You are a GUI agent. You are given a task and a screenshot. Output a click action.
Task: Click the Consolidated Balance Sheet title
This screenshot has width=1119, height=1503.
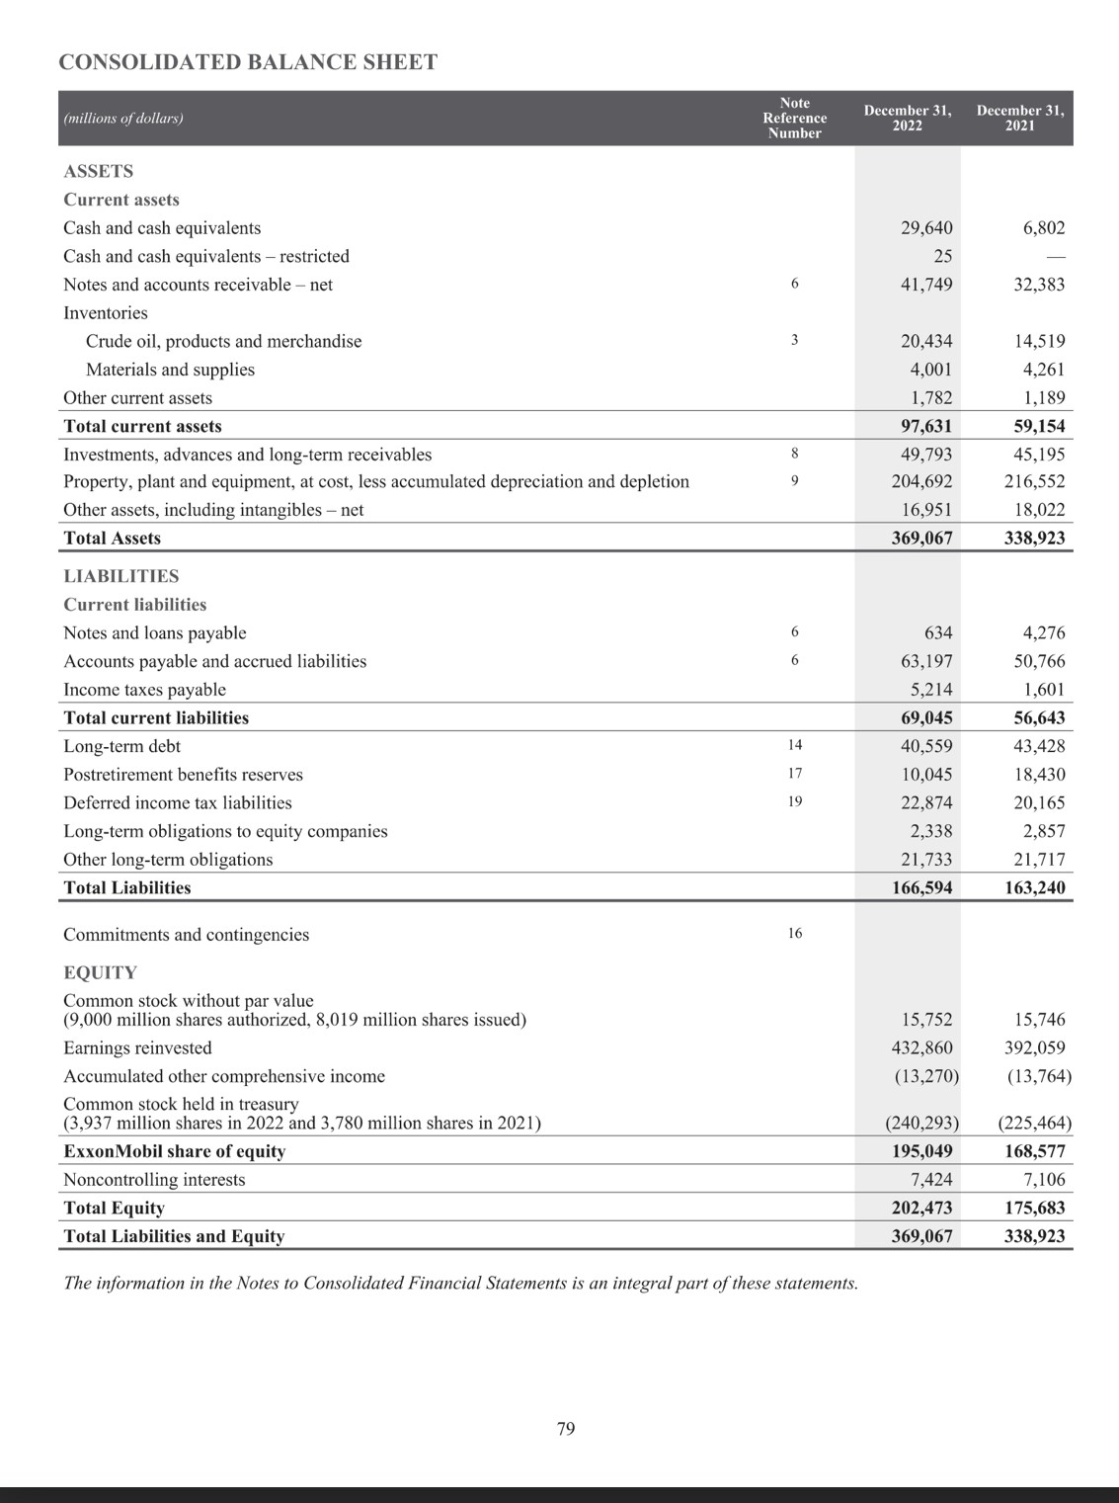(x=248, y=62)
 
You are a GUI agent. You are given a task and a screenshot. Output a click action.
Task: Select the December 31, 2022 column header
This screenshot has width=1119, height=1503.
(x=907, y=118)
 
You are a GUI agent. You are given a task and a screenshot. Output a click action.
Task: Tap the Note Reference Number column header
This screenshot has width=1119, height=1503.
(x=794, y=118)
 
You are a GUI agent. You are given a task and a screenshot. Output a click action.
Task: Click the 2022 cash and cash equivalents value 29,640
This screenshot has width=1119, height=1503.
(x=926, y=228)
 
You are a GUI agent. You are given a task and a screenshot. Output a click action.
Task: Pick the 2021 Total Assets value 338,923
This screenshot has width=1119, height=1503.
(x=1034, y=539)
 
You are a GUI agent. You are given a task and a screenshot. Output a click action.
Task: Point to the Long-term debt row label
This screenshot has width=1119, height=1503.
(x=121, y=746)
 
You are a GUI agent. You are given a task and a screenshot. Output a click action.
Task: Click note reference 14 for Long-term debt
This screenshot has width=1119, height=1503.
(x=794, y=745)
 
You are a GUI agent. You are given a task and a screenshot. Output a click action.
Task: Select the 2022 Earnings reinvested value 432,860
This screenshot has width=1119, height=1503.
(x=921, y=1047)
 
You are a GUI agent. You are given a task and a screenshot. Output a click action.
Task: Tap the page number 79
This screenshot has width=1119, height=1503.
(x=566, y=1428)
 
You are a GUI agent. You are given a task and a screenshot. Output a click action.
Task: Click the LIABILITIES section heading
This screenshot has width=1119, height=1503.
(x=121, y=576)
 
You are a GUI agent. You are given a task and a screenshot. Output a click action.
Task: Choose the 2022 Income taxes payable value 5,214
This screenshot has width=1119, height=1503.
(x=931, y=690)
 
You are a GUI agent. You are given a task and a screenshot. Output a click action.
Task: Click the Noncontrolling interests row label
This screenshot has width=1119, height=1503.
(x=154, y=1179)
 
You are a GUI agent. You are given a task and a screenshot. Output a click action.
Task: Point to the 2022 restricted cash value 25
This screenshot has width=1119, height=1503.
(x=942, y=256)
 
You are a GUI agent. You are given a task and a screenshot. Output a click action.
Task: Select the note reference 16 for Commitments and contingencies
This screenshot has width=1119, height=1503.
(x=794, y=933)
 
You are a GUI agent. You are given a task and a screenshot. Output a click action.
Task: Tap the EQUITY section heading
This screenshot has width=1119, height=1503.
(x=100, y=972)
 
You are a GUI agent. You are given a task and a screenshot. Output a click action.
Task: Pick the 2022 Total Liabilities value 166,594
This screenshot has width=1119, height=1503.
(x=921, y=887)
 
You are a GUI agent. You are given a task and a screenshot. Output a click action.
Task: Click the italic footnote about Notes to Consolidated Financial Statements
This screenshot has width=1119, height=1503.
(x=460, y=1283)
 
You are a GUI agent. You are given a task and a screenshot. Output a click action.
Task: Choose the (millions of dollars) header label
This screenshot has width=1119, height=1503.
(x=123, y=118)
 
